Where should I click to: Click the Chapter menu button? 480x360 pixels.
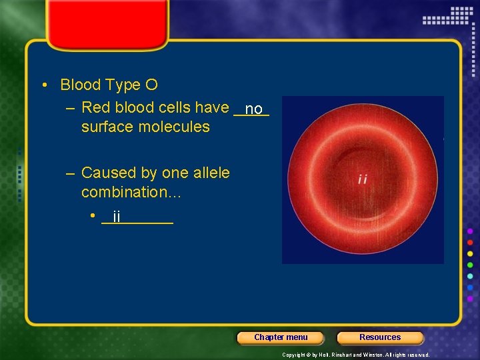pyautogui.click(x=281, y=337)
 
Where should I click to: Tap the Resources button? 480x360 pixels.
pyautogui.click(x=380, y=337)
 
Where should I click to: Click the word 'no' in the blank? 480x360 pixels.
pyautogui.click(x=254, y=109)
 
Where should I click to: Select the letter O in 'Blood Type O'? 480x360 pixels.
pyautogui.click(x=151, y=85)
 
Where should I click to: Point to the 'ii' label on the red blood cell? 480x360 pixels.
pyautogui.click(x=363, y=179)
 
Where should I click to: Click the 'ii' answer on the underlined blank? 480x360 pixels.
pyautogui.click(x=117, y=217)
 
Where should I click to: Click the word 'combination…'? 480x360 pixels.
pyautogui.click(x=131, y=193)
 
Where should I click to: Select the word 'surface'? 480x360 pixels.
pyautogui.click(x=107, y=127)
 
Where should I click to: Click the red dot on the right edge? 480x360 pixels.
pyautogui.click(x=470, y=242)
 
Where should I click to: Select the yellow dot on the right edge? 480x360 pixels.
pyautogui.click(x=470, y=253)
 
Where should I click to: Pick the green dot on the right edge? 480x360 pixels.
pyautogui.click(x=470, y=265)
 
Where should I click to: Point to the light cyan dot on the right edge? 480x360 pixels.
pyautogui.click(x=470, y=276)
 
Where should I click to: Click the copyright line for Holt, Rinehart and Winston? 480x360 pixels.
pyautogui.click(x=355, y=355)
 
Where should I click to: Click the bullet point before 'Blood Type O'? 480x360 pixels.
pyautogui.click(x=43, y=85)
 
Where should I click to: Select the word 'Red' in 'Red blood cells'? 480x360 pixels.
pyautogui.click(x=94, y=107)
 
